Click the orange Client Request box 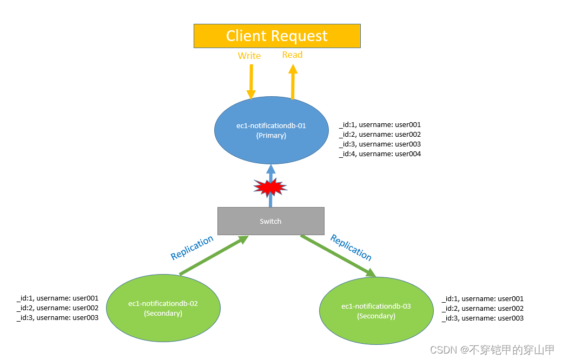277,36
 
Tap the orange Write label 249,56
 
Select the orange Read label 292,55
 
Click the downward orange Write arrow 251,81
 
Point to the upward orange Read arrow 293,82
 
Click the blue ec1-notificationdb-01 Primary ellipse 271,130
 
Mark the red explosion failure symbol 270,188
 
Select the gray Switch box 270,221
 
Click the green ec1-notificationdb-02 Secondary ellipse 163,308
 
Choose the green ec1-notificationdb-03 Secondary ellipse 376,311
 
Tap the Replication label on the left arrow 192,248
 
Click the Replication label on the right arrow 351,247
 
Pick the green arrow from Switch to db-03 338,256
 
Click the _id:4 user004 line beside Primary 380,154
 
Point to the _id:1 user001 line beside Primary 380,125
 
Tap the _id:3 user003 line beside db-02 57,318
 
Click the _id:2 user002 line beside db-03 482,309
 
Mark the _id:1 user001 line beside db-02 57,298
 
